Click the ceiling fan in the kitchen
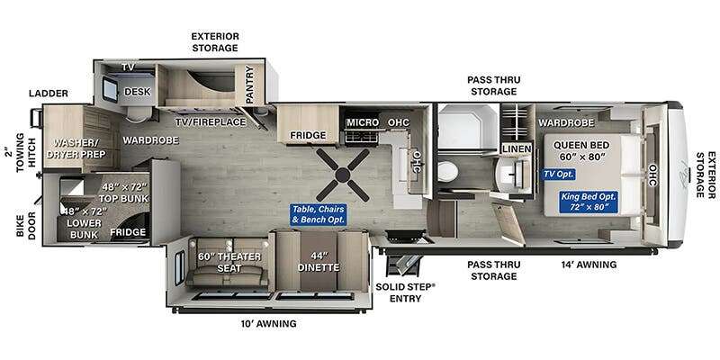pyautogui.click(x=343, y=175)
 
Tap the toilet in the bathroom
pyautogui.click(x=446, y=172)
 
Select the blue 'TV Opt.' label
pyautogui.click(x=559, y=175)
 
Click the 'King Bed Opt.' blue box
pyautogui.click(x=589, y=202)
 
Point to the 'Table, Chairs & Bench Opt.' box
pyautogui.click(x=319, y=215)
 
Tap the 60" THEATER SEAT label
pyautogui.click(x=229, y=262)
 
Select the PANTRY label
pyautogui.click(x=249, y=85)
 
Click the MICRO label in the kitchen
pyautogui.click(x=363, y=122)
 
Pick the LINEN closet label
pyautogui.click(x=517, y=148)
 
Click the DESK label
pyautogui.click(x=138, y=92)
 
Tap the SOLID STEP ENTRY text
pyautogui.click(x=405, y=292)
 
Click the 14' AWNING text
pyautogui.click(x=589, y=265)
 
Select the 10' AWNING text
pyautogui.click(x=268, y=324)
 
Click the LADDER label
pyautogui.click(x=49, y=94)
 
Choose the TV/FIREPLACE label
pyautogui.click(x=211, y=122)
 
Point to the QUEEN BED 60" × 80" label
pyautogui.click(x=581, y=151)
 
